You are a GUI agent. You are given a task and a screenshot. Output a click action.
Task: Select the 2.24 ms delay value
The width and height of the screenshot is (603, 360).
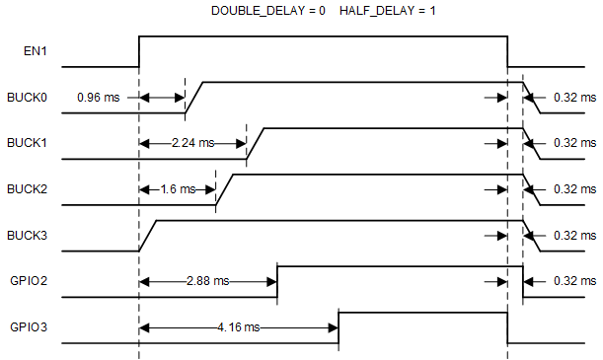(x=191, y=143)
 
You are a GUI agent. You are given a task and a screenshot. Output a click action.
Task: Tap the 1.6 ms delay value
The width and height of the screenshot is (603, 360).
(x=179, y=189)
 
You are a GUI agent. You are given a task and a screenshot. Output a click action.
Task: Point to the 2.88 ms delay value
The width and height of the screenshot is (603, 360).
(x=207, y=281)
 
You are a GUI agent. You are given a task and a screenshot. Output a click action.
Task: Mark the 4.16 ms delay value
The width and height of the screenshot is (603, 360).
(x=238, y=326)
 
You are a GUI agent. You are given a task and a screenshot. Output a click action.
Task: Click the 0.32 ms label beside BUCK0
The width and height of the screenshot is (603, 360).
(x=574, y=98)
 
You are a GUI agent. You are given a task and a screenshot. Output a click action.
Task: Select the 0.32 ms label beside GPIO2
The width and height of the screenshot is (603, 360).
(x=574, y=281)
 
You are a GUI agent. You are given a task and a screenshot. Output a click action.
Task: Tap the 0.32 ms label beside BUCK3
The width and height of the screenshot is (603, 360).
(x=574, y=235)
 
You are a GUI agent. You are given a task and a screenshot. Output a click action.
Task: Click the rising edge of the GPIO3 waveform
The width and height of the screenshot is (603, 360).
(x=339, y=327)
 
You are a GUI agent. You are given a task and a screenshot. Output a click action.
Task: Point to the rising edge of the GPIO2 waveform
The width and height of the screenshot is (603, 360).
(x=278, y=281)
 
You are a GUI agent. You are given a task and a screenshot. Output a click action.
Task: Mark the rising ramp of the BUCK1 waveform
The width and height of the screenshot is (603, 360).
(x=255, y=144)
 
